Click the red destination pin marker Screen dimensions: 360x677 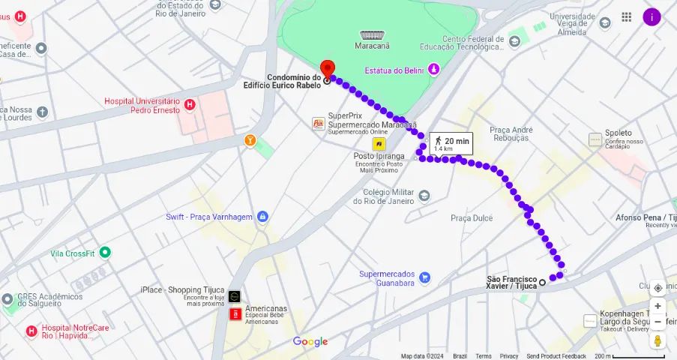point(326,67)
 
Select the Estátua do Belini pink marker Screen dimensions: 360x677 point(433,70)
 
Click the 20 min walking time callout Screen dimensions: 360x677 point(451,143)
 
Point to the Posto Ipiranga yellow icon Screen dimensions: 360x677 point(379,143)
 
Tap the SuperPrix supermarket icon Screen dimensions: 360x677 point(319,123)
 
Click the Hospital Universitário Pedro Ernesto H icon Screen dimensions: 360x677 point(190,105)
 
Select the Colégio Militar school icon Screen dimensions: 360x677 point(424,196)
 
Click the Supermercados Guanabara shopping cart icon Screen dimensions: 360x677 point(425,277)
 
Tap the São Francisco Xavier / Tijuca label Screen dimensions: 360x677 point(511,282)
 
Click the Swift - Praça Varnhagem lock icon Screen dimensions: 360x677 point(262,217)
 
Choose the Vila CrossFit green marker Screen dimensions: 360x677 point(105,253)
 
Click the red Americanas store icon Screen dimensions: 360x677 point(235,313)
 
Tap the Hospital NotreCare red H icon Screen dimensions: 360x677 point(31,331)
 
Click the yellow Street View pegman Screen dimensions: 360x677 point(658,340)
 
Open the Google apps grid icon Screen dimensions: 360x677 point(627,16)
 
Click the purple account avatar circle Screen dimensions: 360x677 point(652,16)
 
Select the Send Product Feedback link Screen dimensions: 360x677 point(556,356)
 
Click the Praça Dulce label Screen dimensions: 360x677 point(472,217)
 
